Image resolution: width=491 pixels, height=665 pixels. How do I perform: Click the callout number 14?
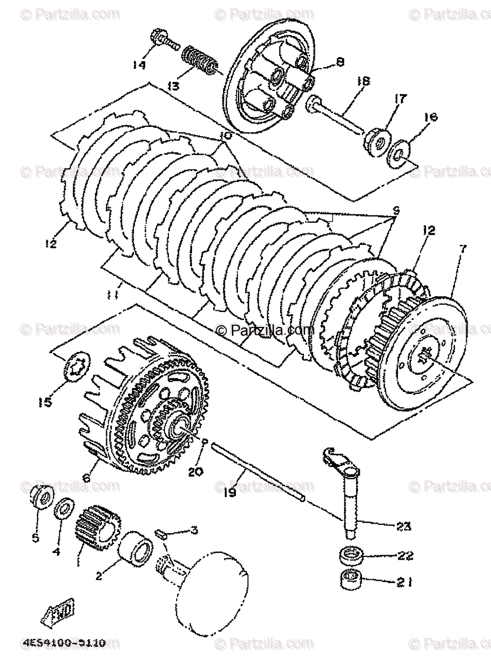pos(138,65)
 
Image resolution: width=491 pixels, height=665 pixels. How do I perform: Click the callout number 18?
pos(363,81)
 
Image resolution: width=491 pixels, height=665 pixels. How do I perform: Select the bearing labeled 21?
pos(350,580)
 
